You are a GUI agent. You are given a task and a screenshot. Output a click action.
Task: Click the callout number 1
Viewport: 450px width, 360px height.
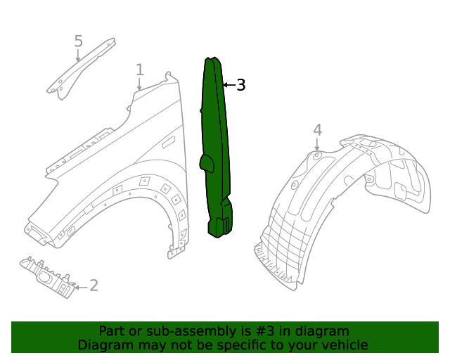[x=140, y=70]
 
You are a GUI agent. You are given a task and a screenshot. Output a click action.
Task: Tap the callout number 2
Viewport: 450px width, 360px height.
[x=94, y=285]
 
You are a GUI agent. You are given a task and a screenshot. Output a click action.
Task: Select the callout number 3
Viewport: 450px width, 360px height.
[x=240, y=85]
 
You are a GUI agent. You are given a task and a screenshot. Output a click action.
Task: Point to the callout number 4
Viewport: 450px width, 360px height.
[x=317, y=129]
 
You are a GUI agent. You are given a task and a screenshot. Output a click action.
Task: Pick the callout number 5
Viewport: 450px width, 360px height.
[x=78, y=41]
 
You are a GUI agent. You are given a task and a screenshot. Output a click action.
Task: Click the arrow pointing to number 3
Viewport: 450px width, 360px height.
[x=228, y=85]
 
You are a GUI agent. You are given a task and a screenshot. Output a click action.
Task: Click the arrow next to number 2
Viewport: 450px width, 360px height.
[x=81, y=287]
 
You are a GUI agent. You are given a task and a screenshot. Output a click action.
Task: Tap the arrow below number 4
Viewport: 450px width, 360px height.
[x=317, y=144]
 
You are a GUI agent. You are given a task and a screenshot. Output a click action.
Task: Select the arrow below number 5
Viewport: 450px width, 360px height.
[x=78, y=56]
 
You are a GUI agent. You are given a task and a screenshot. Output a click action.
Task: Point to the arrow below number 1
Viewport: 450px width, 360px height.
[x=139, y=84]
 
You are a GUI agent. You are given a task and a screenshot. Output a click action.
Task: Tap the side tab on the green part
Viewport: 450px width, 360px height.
[x=206, y=163]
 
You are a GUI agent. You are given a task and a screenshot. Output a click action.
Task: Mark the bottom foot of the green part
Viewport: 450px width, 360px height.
[x=221, y=226]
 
